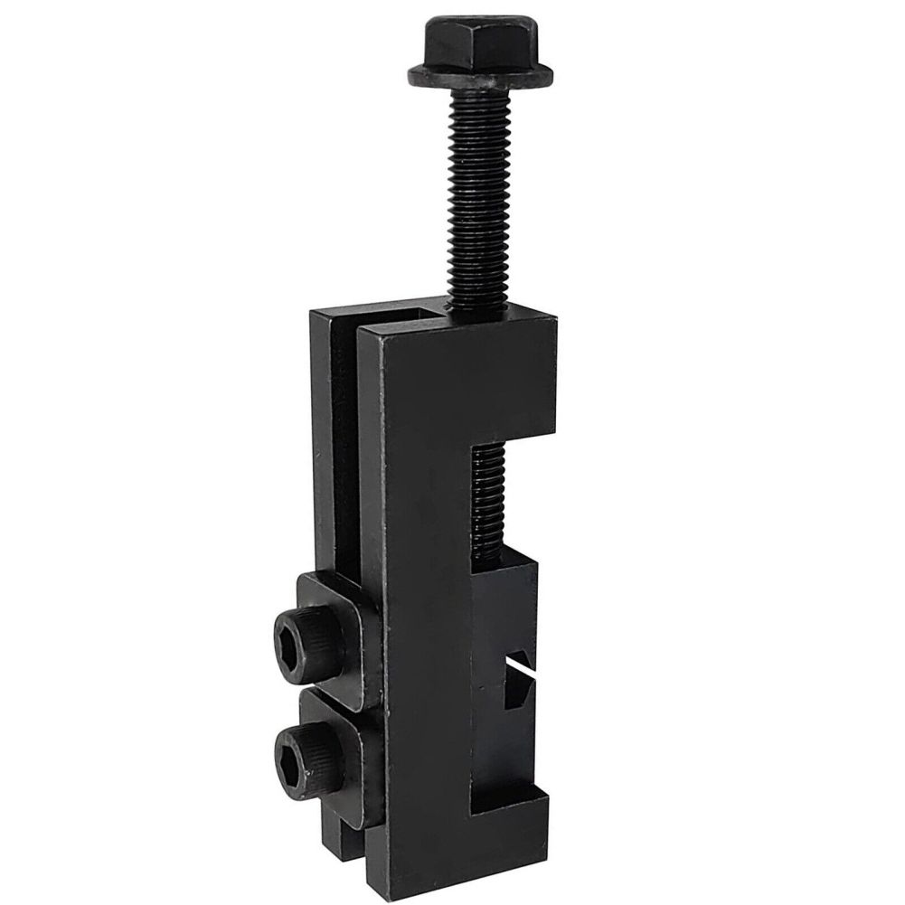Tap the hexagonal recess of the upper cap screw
click(x=292, y=637)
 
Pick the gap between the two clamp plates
click(x=344, y=689)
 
